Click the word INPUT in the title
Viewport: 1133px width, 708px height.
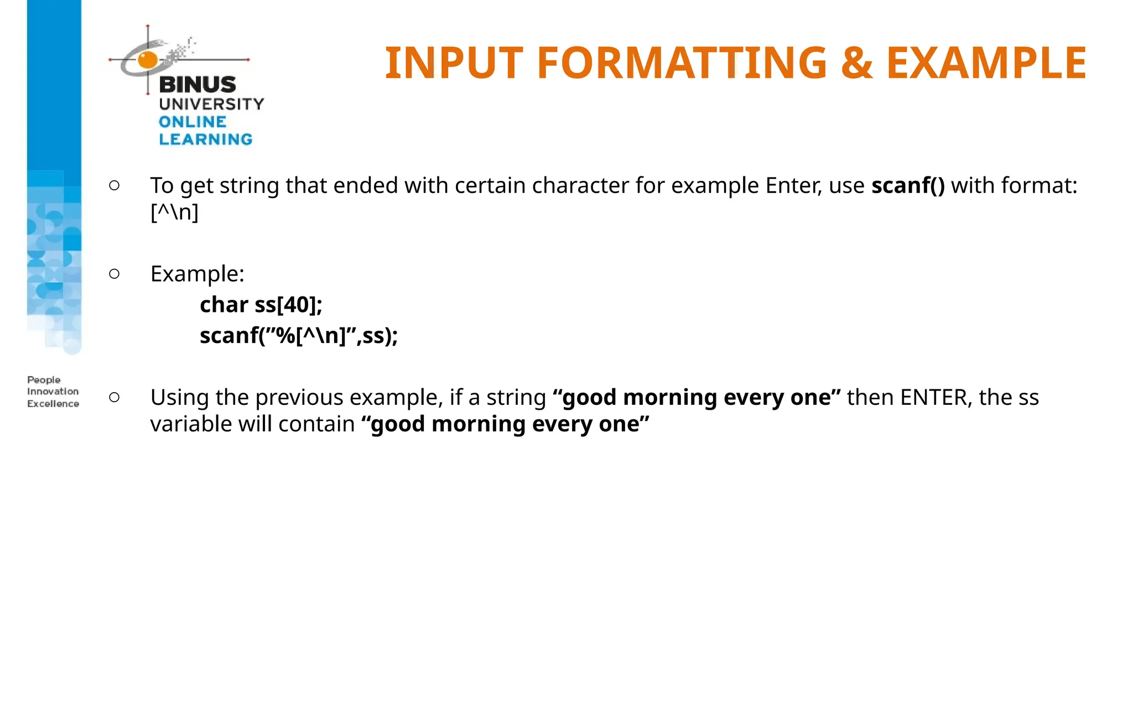[x=454, y=63]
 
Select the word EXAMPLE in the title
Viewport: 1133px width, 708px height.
[x=986, y=63]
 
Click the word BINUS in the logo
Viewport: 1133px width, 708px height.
[x=198, y=85]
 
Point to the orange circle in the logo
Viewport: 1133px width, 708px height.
[x=148, y=59]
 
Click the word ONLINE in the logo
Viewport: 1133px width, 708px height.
[x=193, y=122]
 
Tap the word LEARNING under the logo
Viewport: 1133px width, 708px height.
[x=206, y=139]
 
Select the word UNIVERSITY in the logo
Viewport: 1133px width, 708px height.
[x=211, y=104]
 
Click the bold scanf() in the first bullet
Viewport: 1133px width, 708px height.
[x=908, y=186]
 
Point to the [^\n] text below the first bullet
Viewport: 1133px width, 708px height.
[x=174, y=212]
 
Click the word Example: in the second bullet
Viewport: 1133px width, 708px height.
[x=198, y=274]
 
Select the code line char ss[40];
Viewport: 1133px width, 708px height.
[x=261, y=305]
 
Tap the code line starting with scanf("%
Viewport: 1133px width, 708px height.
[x=299, y=336]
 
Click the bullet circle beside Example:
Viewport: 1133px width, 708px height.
[x=115, y=273]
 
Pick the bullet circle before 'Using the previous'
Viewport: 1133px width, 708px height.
[x=115, y=397]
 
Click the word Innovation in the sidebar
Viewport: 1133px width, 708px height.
[x=53, y=392]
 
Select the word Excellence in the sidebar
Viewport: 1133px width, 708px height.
[x=53, y=404]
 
